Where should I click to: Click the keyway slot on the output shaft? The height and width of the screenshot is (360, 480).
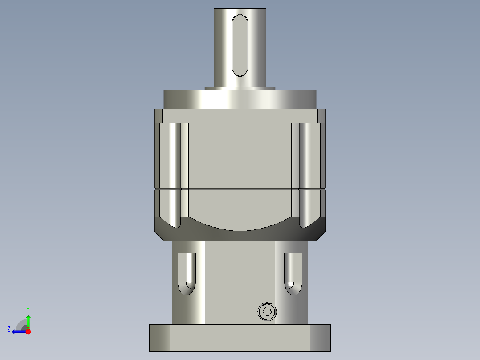240,45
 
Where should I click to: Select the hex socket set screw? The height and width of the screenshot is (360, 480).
267,311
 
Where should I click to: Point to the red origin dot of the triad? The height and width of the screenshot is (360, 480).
28,331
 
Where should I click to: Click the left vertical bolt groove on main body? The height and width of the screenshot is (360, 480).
175,174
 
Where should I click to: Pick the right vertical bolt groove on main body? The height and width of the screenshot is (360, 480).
305,174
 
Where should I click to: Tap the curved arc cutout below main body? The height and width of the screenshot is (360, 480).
240,225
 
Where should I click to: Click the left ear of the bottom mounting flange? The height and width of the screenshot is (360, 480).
159,337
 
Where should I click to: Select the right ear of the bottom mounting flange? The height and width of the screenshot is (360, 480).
320,337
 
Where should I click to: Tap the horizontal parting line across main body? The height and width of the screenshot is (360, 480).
240,189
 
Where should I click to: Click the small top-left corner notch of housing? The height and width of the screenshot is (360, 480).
159,116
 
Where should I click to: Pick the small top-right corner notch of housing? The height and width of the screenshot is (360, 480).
321,116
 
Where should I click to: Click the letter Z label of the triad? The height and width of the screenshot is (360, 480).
9,329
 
